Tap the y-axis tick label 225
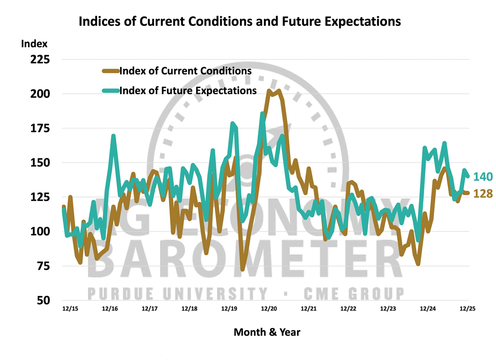pyautogui.click(x=39, y=59)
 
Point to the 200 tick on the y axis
pyautogui.click(x=39, y=94)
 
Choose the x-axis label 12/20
pyautogui.click(x=269, y=309)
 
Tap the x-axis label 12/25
pyautogui.click(x=467, y=309)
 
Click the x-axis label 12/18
pyautogui.click(x=189, y=309)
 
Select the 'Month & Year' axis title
pyautogui.click(x=267, y=332)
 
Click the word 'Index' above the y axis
pyautogui.click(x=33, y=43)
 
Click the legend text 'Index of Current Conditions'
pyautogui.click(x=186, y=70)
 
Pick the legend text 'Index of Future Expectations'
pyautogui.click(x=188, y=90)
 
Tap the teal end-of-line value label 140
pyautogui.click(x=483, y=177)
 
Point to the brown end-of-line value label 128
pyautogui.click(x=483, y=194)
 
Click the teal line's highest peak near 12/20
pyautogui.click(x=262, y=114)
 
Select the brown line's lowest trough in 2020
pyautogui.click(x=243, y=270)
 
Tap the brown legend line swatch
pyautogui.click(x=111, y=70)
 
